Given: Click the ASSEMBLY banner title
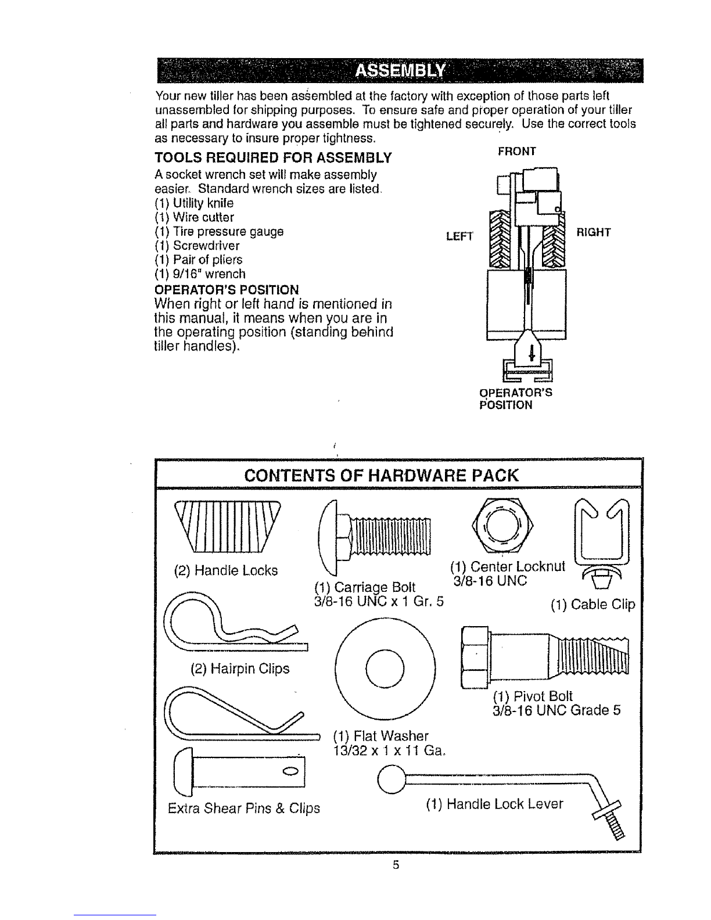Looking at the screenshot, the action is (x=400, y=71).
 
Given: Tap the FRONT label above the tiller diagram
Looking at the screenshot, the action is (x=517, y=152).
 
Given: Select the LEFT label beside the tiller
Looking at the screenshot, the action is (x=459, y=236).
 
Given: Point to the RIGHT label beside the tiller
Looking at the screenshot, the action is (x=594, y=232).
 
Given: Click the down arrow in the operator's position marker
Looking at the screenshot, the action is (x=532, y=352).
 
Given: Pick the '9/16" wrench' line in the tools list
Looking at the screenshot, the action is (x=200, y=274).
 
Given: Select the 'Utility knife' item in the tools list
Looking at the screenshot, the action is (x=194, y=203).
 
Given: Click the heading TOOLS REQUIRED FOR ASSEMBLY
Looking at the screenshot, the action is (x=273, y=158).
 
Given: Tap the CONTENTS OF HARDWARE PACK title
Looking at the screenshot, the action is (x=381, y=476).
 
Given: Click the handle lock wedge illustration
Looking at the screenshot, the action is (x=228, y=527).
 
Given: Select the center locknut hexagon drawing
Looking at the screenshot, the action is (x=502, y=526).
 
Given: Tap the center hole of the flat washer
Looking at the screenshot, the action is (x=385, y=669).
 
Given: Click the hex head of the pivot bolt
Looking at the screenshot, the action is (x=475, y=657).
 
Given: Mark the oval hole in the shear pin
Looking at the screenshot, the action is (x=292, y=771).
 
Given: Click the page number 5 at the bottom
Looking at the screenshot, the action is (x=396, y=865).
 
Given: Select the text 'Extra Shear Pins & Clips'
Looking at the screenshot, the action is (x=244, y=808).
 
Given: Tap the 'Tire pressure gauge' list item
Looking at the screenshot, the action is (x=219, y=232).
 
